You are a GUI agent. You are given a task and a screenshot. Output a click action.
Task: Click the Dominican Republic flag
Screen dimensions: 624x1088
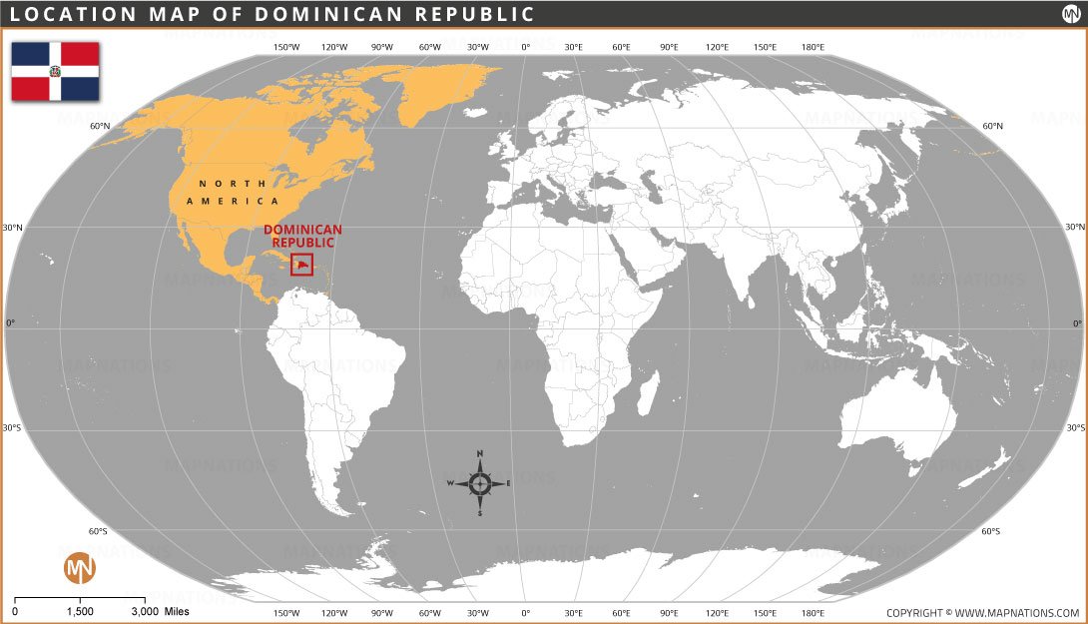(55, 71)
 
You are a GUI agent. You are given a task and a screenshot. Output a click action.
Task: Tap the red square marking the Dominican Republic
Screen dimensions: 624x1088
(301, 265)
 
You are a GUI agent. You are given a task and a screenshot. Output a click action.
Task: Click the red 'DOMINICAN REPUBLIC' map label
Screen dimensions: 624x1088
(302, 236)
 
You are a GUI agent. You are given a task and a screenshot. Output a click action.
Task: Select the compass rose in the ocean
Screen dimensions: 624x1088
(479, 484)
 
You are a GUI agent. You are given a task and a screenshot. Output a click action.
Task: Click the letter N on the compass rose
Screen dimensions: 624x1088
(480, 454)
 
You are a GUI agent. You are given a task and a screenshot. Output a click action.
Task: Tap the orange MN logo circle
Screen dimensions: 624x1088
(80, 568)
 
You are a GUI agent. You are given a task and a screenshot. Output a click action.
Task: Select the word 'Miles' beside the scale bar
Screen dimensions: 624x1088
(176, 611)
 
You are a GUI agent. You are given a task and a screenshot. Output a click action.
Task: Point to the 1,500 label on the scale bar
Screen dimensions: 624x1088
(80, 611)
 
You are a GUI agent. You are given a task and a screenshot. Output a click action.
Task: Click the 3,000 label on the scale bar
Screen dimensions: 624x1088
(145, 611)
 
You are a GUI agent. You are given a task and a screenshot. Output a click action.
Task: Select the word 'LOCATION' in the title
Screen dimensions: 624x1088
(60, 14)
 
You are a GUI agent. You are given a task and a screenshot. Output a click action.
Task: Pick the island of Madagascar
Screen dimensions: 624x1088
(647, 393)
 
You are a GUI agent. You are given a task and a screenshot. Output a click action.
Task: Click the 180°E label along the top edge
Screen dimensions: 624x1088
(814, 47)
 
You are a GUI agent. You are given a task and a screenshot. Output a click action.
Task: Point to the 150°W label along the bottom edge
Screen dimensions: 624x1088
(286, 612)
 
